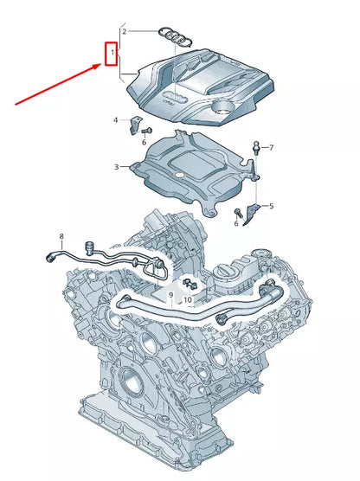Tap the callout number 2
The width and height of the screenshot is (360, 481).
pos(124,31)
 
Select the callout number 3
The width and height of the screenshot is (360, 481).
pos(116,166)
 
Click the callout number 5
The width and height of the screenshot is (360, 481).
pos(270,206)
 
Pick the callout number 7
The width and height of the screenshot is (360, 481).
pos(270,148)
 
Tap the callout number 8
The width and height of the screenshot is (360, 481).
pos(61,235)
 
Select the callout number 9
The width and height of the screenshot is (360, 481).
pos(171,295)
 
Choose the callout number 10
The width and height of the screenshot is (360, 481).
pos(187,300)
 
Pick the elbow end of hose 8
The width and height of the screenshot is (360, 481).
pos(51,255)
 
